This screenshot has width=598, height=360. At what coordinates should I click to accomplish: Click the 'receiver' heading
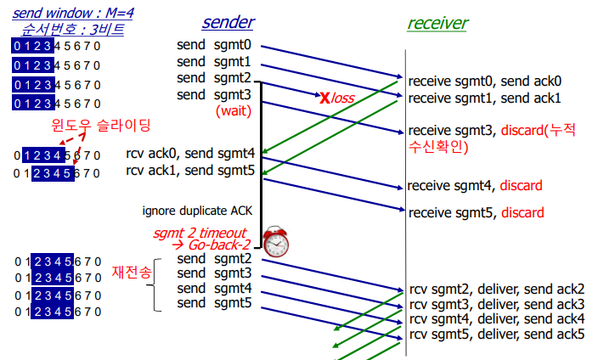[x=437, y=23]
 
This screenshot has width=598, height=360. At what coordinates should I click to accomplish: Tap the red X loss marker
[x=324, y=98]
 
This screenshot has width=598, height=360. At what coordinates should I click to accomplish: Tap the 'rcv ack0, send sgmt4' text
[x=189, y=154]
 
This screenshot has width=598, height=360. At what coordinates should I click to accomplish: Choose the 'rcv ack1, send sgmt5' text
[x=189, y=171]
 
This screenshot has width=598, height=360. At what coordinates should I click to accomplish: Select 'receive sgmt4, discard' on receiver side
[x=475, y=186]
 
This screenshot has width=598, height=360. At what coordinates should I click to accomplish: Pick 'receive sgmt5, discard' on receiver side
[x=475, y=212]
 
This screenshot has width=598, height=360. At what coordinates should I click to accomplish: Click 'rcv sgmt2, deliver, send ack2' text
[x=497, y=289]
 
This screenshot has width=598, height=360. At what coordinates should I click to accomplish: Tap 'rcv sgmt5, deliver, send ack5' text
[x=497, y=334]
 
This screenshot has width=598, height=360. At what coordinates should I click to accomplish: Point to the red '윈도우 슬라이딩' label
[x=101, y=126]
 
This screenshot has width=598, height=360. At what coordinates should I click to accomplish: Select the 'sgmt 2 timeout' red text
[x=199, y=232]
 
